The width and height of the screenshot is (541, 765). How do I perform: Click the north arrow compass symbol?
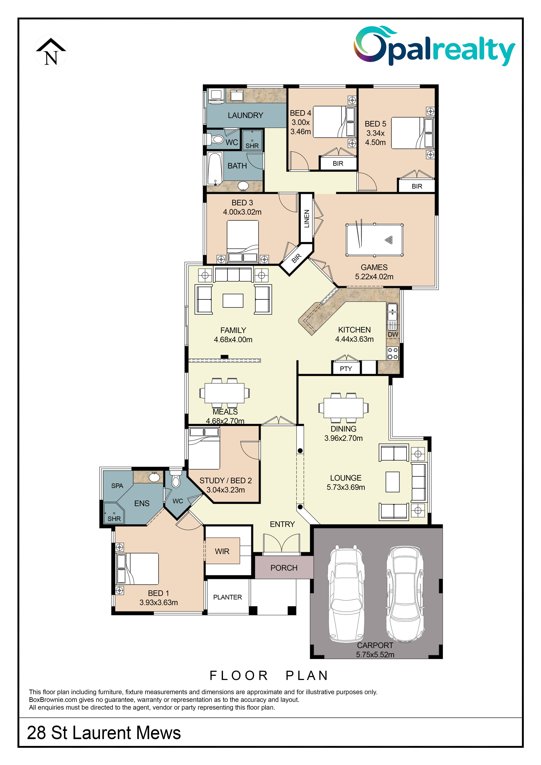pos(51,52)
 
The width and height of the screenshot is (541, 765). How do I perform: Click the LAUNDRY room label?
pos(246,115)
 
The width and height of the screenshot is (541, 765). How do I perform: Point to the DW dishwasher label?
pos(393,334)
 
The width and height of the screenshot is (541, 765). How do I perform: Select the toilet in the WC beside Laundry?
pos(216,139)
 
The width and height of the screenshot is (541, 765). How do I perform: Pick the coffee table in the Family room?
pos(233,301)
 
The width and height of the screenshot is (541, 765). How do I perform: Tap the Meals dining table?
pos(225,393)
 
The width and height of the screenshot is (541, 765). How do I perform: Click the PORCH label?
pos(284,568)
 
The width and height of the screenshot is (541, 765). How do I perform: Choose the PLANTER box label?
pos(228,597)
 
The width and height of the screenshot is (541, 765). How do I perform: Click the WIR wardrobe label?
pos(222,551)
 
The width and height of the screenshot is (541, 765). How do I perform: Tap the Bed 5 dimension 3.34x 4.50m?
pos(375,138)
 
